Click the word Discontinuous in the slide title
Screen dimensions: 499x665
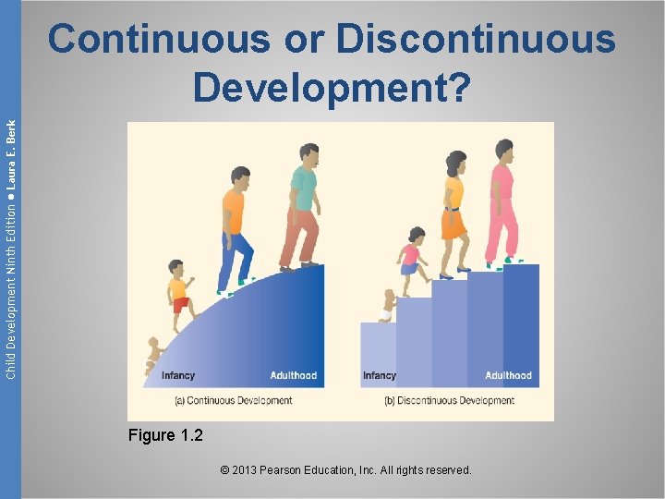point(476,40)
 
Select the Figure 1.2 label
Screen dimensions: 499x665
point(165,435)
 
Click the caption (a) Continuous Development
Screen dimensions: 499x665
point(233,400)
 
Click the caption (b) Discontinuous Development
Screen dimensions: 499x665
point(449,400)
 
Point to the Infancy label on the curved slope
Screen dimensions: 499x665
point(178,376)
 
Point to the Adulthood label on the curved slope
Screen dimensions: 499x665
point(293,376)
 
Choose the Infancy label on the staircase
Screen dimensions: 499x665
point(380,376)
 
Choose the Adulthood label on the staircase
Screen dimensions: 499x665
point(508,376)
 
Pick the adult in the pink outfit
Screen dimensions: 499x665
point(502,203)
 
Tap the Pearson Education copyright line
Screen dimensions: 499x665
point(346,470)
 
